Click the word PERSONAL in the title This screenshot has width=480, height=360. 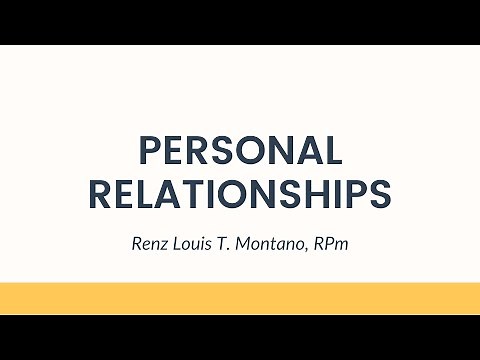(x=240, y=150)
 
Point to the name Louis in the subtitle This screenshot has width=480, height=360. (x=193, y=242)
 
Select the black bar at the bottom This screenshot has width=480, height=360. (x=240, y=337)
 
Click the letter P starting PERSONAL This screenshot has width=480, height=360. (x=148, y=150)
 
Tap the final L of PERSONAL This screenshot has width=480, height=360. (x=335, y=150)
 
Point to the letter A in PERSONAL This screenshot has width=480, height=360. (x=309, y=150)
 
